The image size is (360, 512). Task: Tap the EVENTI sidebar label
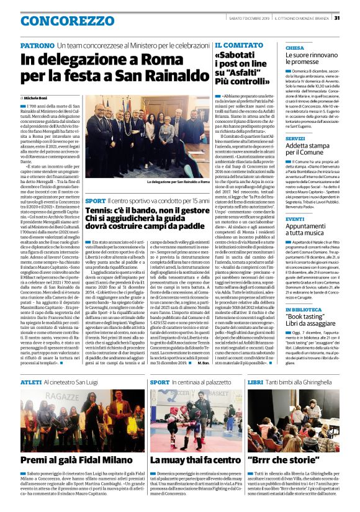(295, 219)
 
